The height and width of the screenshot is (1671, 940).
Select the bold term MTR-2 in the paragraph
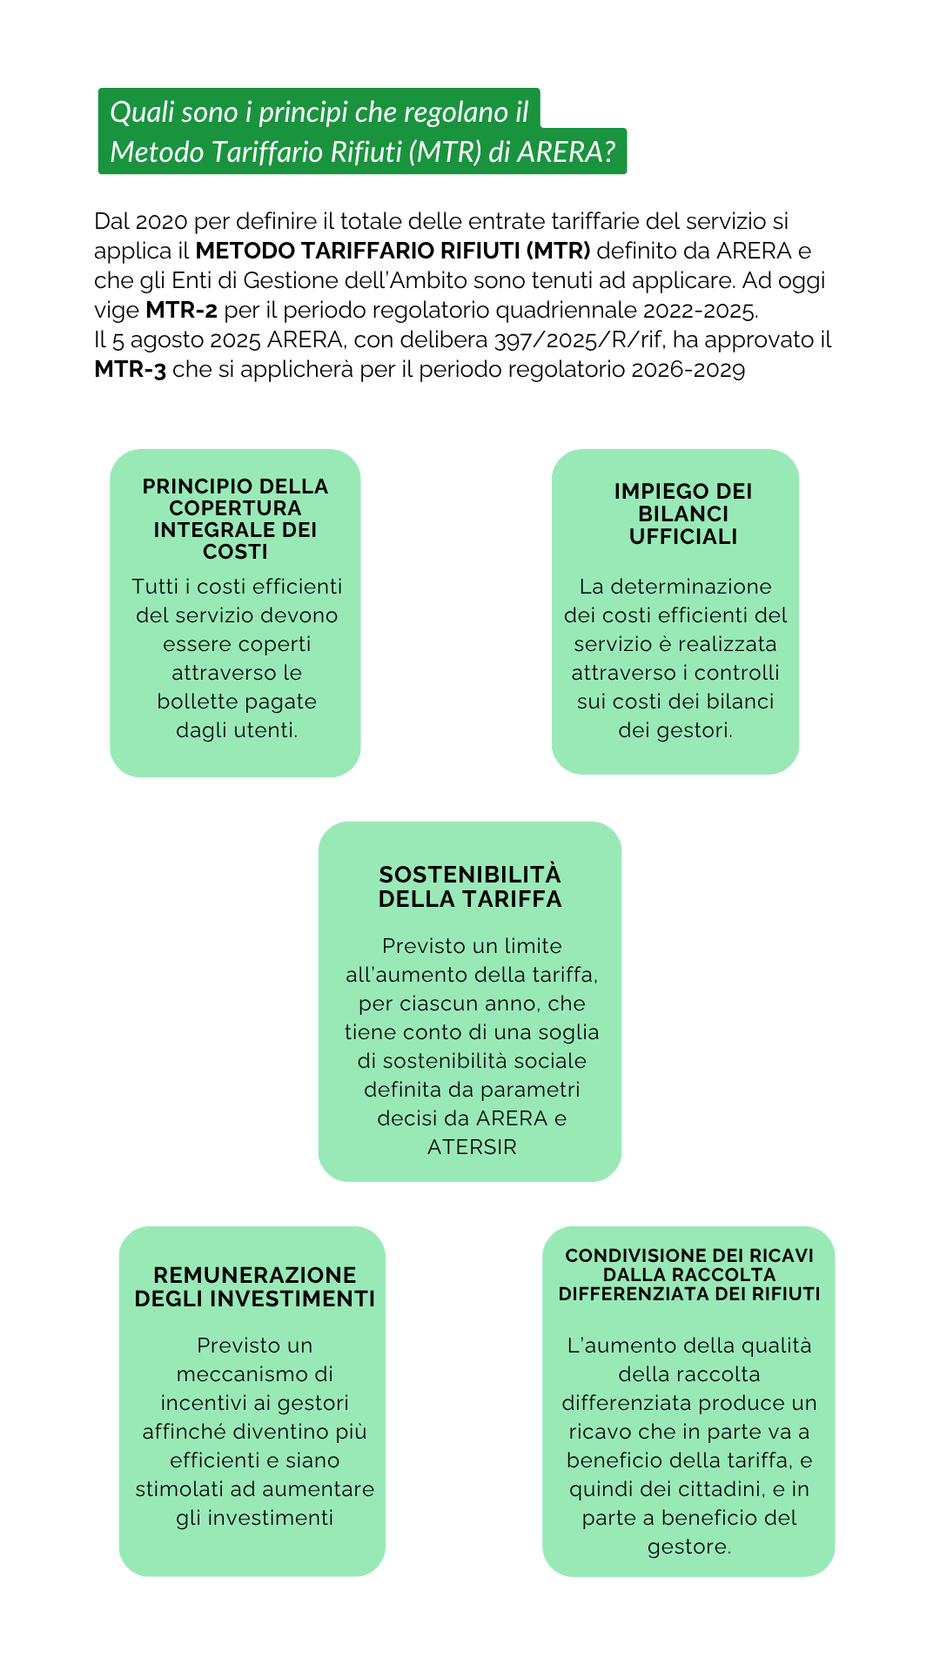coord(181,310)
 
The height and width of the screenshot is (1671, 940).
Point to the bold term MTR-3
coord(130,369)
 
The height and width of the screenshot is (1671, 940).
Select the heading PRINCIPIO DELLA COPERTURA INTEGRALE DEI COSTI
coord(235,519)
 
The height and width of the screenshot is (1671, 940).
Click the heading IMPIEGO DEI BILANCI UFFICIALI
coord(683,514)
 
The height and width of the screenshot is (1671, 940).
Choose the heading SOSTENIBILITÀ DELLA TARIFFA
coord(470,887)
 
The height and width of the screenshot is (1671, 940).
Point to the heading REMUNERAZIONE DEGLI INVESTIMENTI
coord(254,1286)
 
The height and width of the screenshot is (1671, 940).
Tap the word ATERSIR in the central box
coord(472,1147)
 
